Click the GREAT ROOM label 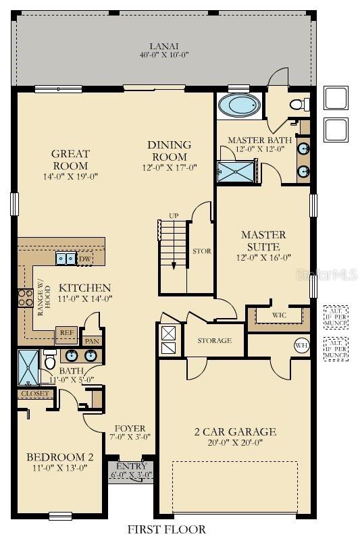[x=70, y=159]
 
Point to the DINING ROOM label [x=170, y=150]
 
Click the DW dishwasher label [x=85, y=258]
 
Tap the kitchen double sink [x=66, y=258]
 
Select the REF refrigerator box [x=66, y=332]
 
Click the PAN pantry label [x=92, y=341]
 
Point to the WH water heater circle [x=301, y=346]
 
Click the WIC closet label [x=280, y=315]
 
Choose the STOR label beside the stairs [x=201, y=251]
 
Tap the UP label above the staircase [x=174, y=215]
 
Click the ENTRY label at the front [x=131, y=467]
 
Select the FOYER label [x=129, y=428]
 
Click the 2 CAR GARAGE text [x=235, y=432]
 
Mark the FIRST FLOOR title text [x=167, y=529]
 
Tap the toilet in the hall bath [x=49, y=361]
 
